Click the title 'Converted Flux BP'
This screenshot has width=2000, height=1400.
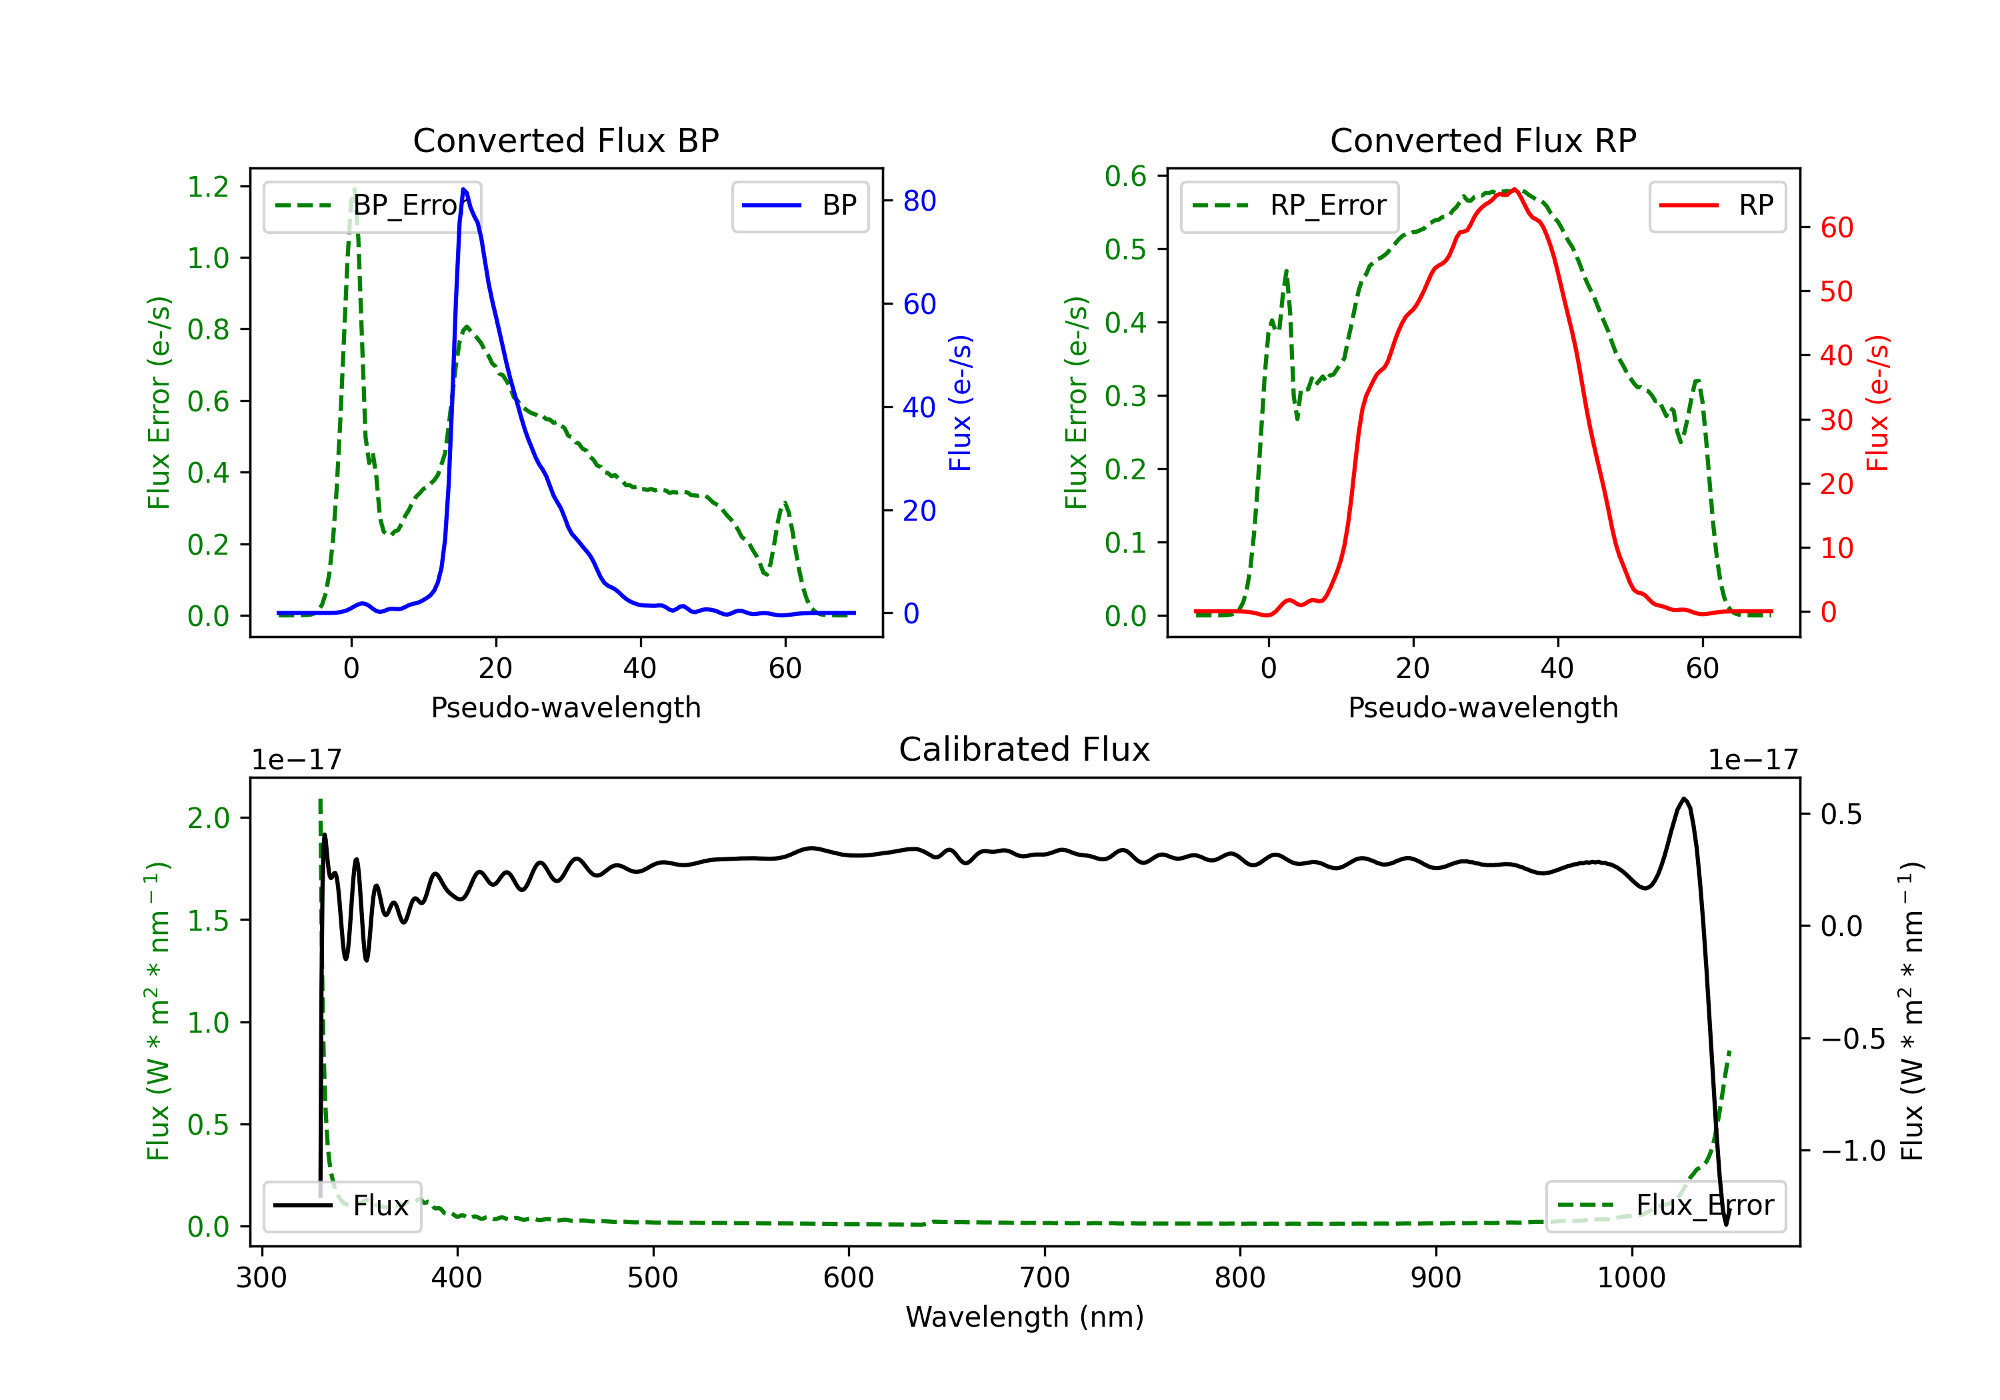click(x=565, y=140)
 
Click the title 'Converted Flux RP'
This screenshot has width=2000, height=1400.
click(x=1483, y=140)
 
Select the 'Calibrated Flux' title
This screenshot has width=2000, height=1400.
click(x=1025, y=749)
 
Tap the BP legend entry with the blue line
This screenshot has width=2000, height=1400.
click(x=799, y=205)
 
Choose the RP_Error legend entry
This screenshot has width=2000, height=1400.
click(x=1289, y=205)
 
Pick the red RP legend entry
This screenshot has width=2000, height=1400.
click(x=1717, y=205)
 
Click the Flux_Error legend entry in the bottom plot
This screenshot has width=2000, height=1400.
click(x=1665, y=1206)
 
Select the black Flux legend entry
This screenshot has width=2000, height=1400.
click(x=341, y=1206)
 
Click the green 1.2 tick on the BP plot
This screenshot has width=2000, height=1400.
click(x=208, y=187)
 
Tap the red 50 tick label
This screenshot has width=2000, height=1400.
click(x=1836, y=292)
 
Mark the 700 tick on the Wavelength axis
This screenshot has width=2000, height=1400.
click(x=1045, y=1278)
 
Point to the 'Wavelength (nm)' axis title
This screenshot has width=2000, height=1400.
click(x=1025, y=1317)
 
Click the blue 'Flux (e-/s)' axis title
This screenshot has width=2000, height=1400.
click(x=960, y=403)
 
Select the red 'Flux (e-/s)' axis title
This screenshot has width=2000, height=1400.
click(x=1877, y=403)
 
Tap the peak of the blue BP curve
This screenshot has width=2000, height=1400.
click(x=463, y=189)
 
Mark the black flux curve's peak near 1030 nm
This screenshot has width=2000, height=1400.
click(x=1684, y=798)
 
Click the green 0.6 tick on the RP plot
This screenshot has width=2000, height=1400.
click(x=1125, y=176)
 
